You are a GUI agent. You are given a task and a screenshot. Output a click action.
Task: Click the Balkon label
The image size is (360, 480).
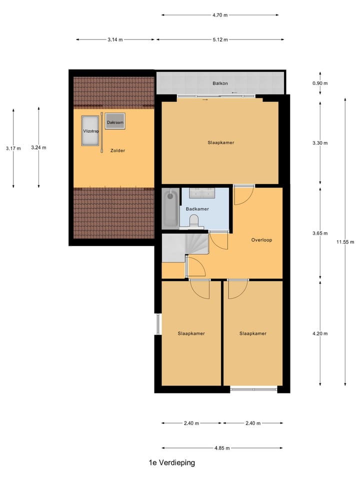(x=220, y=83)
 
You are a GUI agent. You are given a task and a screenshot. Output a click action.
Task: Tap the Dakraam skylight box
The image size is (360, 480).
(x=115, y=122)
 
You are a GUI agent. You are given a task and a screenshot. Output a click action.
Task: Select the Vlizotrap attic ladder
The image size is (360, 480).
(x=90, y=131)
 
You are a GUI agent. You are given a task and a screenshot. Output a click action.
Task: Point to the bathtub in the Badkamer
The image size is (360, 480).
(x=170, y=208)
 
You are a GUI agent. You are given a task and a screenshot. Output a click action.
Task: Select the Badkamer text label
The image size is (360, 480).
(x=197, y=209)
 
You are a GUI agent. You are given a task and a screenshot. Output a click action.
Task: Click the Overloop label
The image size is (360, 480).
(x=261, y=240)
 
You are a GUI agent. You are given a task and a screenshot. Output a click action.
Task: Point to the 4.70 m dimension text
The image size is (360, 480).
(x=220, y=15)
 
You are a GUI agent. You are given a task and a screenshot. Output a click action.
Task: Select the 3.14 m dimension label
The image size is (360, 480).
(x=115, y=39)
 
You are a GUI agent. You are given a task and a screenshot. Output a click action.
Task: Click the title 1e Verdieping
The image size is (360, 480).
(x=171, y=463)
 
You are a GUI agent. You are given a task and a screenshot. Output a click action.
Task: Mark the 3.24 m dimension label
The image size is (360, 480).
(x=38, y=147)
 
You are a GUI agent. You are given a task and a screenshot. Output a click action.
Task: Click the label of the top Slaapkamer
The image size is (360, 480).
(x=221, y=142)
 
